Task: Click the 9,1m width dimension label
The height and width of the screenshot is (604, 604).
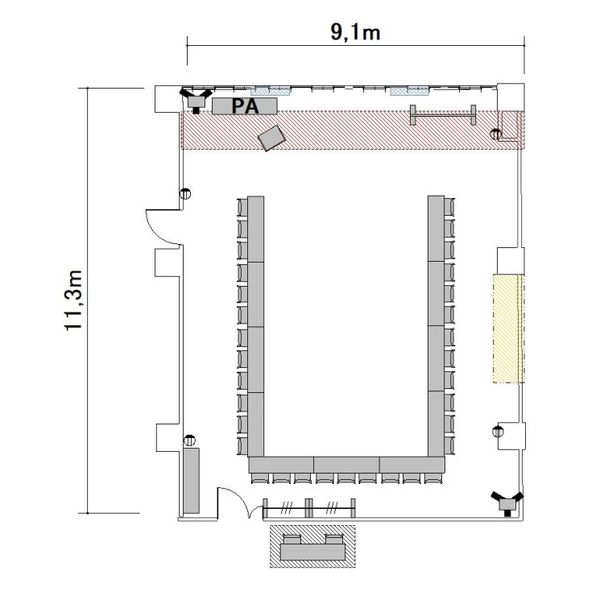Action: click(x=355, y=31)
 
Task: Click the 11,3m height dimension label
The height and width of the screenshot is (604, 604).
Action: click(x=73, y=300)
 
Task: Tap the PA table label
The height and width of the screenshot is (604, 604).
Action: click(x=245, y=106)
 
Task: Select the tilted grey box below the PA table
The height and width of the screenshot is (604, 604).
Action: click(x=271, y=138)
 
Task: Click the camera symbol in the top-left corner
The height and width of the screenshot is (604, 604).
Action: click(x=196, y=100)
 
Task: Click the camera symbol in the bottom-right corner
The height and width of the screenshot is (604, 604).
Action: click(x=507, y=503)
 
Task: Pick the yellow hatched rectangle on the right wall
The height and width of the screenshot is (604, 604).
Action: click(x=508, y=329)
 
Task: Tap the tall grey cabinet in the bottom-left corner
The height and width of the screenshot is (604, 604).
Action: click(x=191, y=480)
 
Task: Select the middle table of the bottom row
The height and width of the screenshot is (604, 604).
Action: click(x=346, y=465)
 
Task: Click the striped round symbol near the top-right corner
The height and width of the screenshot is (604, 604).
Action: click(x=496, y=134)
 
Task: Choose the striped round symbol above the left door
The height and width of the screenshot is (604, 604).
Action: click(x=185, y=193)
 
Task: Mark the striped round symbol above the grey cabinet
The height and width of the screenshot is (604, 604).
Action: click(x=189, y=440)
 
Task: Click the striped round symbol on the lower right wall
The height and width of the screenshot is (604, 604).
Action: click(x=498, y=432)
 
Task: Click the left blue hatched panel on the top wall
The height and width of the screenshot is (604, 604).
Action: click(x=270, y=91)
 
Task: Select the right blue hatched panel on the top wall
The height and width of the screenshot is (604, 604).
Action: click(x=409, y=91)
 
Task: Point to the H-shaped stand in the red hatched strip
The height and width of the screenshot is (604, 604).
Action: click(x=443, y=115)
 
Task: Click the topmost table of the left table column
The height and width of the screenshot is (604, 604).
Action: click(x=256, y=230)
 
